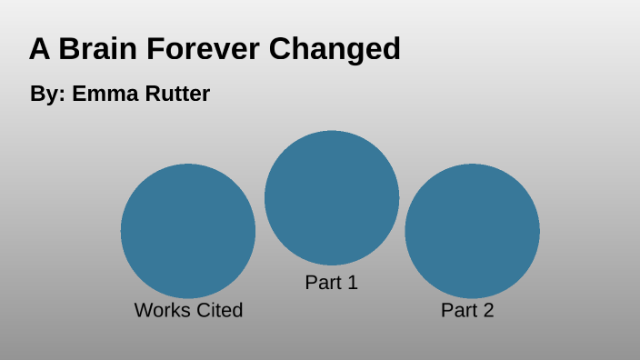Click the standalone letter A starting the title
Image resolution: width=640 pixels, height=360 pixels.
point(40,49)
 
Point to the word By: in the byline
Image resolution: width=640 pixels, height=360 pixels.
point(47,95)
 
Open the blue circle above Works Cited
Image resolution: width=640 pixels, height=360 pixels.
point(188,231)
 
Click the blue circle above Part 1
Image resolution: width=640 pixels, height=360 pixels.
point(332,198)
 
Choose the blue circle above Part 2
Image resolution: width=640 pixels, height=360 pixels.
point(472,231)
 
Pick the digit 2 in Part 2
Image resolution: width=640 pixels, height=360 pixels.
point(488,310)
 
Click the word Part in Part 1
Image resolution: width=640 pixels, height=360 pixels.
point(322,283)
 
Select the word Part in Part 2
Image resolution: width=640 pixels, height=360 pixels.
point(458,310)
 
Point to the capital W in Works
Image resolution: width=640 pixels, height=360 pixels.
point(143,310)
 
